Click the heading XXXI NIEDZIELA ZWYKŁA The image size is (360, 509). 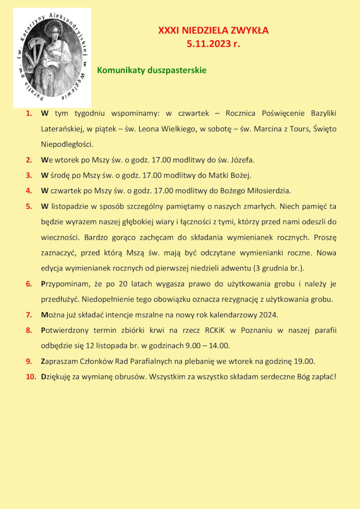(x=213, y=31)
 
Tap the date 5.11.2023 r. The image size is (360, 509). (x=213, y=44)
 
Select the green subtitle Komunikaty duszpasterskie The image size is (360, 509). (x=152, y=70)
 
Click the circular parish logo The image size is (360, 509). (x=52, y=57)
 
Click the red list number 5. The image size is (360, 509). (x=29, y=207)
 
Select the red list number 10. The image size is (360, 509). (x=31, y=377)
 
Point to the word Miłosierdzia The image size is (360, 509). (x=265, y=191)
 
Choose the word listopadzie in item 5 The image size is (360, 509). (x=71, y=207)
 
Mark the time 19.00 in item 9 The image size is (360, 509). (x=303, y=361)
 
